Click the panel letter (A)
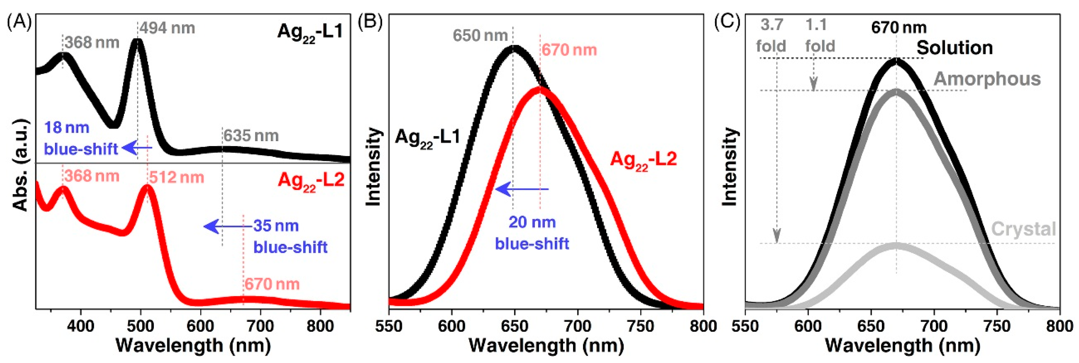(x=19, y=22)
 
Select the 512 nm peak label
(x=176, y=177)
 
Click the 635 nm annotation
(x=251, y=136)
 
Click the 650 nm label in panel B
(x=480, y=36)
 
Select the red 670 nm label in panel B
(x=569, y=50)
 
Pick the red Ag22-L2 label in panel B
(x=643, y=160)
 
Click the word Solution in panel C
(x=954, y=48)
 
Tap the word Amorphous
(x=987, y=79)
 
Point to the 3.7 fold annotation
(x=771, y=36)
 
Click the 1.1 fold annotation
(x=819, y=36)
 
